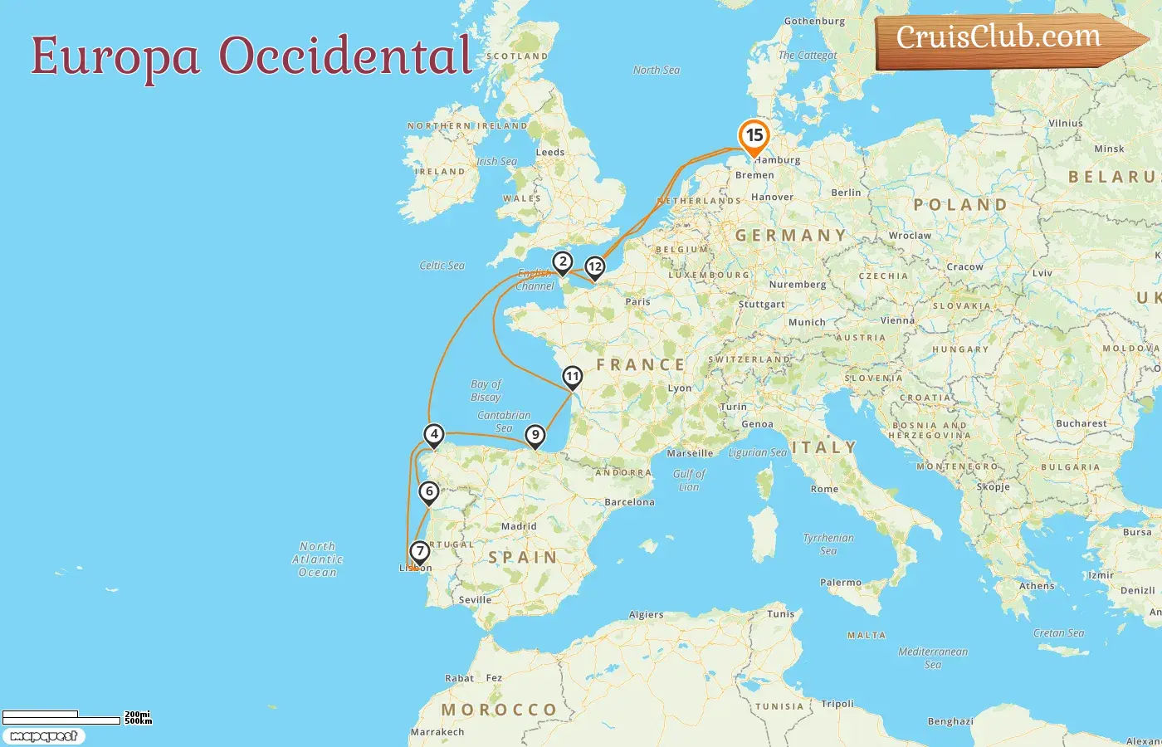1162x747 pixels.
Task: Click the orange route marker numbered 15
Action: pyautogui.click(x=754, y=136)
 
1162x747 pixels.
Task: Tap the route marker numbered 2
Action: pyautogui.click(x=563, y=262)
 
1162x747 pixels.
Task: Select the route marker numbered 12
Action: pyautogui.click(x=594, y=267)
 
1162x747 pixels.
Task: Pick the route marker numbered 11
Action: pyautogui.click(x=572, y=377)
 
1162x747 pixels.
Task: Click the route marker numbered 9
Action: pyautogui.click(x=535, y=435)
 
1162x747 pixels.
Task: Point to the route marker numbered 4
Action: pyautogui.click(x=433, y=434)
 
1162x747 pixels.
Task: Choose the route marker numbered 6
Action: pyautogui.click(x=429, y=491)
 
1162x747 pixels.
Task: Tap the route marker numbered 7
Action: pyautogui.click(x=420, y=551)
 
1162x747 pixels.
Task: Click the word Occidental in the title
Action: pyautogui.click(x=345, y=56)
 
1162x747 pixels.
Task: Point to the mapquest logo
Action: pyautogui.click(x=43, y=736)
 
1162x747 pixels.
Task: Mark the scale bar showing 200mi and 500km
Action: pyautogui.click(x=75, y=718)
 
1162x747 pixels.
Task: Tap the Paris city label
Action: pyautogui.click(x=637, y=301)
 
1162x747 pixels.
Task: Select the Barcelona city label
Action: pyautogui.click(x=629, y=502)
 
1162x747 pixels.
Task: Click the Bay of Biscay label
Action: pyautogui.click(x=486, y=390)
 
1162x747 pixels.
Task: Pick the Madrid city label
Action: pyautogui.click(x=519, y=526)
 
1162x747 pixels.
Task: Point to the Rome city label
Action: pyautogui.click(x=824, y=489)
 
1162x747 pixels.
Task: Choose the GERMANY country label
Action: pyautogui.click(x=790, y=236)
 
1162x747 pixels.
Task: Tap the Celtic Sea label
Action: pyautogui.click(x=442, y=266)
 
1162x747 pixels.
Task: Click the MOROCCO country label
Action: pyautogui.click(x=499, y=710)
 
